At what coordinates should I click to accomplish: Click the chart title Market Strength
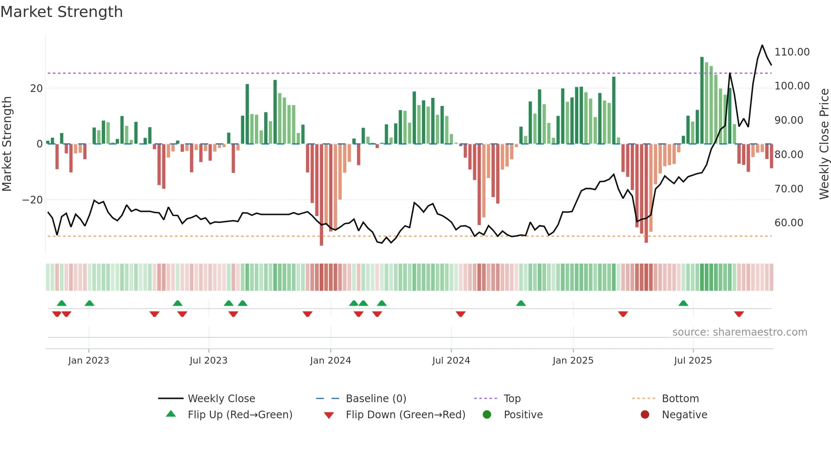(x=61, y=12)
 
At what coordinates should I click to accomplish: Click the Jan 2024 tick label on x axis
(x=330, y=361)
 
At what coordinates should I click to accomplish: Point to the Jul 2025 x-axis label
(x=693, y=361)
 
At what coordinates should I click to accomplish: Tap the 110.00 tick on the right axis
(x=792, y=52)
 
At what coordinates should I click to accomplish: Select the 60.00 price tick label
(x=789, y=223)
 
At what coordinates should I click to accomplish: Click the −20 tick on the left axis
(x=32, y=200)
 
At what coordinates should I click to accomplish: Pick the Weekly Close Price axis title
(x=824, y=144)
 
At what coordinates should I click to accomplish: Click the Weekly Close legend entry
(x=221, y=399)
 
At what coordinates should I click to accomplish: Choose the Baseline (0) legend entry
(x=376, y=399)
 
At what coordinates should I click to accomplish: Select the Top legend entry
(x=512, y=399)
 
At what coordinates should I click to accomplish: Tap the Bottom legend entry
(x=680, y=399)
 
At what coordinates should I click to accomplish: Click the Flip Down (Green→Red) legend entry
(x=405, y=415)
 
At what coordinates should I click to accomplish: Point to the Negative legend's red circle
(x=645, y=415)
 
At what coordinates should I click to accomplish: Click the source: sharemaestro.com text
(x=739, y=332)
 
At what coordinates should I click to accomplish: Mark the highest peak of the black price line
(x=762, y=45)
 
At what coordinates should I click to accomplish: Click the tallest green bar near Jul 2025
(x=702, y=100)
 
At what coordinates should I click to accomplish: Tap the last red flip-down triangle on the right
(x=739, y=314)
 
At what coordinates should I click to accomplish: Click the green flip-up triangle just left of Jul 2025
(x=683, y=303)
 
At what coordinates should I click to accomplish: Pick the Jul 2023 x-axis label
(x=208, y=361)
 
